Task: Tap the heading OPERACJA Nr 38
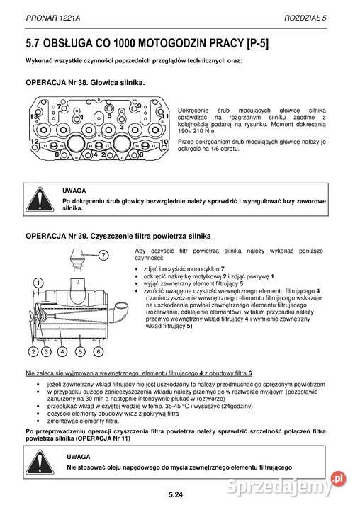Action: (85, 83)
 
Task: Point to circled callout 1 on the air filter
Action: (35, 285)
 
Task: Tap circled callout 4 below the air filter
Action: (64, 350)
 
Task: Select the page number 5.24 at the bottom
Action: (176, 494)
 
